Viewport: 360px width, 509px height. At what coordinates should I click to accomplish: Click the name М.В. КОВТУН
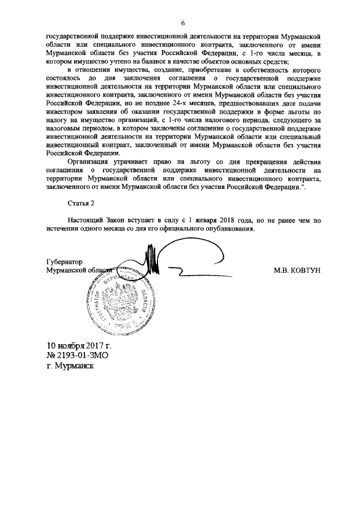point(296,271)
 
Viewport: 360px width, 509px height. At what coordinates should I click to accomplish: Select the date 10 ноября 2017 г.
point(79,345)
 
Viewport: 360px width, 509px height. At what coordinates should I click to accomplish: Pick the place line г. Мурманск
point(70,366)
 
